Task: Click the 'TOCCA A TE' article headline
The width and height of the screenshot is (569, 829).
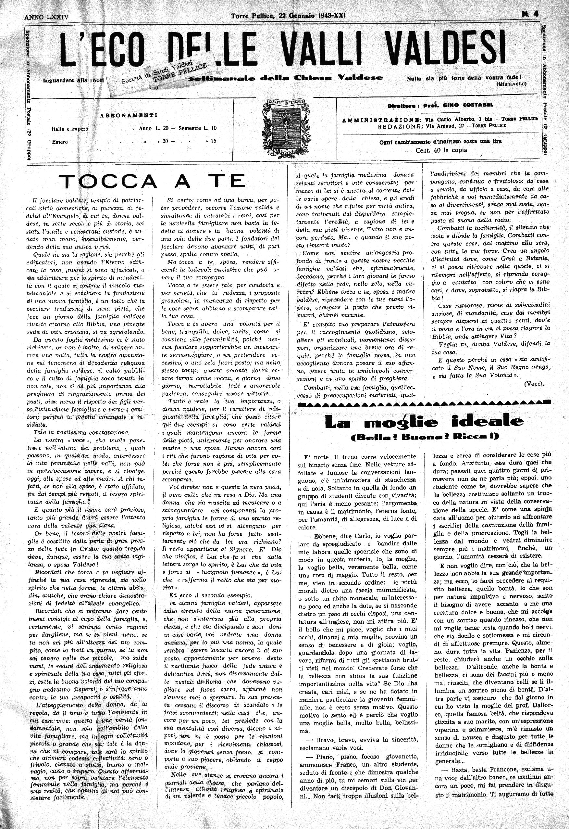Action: point(154,181)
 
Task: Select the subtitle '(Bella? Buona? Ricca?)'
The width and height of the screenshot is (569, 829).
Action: point(424,436)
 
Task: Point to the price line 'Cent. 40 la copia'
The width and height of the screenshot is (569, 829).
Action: point(441,150)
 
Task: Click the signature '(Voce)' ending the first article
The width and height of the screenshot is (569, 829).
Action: point(533,384)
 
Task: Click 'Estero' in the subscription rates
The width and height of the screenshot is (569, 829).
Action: point(60,142)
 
